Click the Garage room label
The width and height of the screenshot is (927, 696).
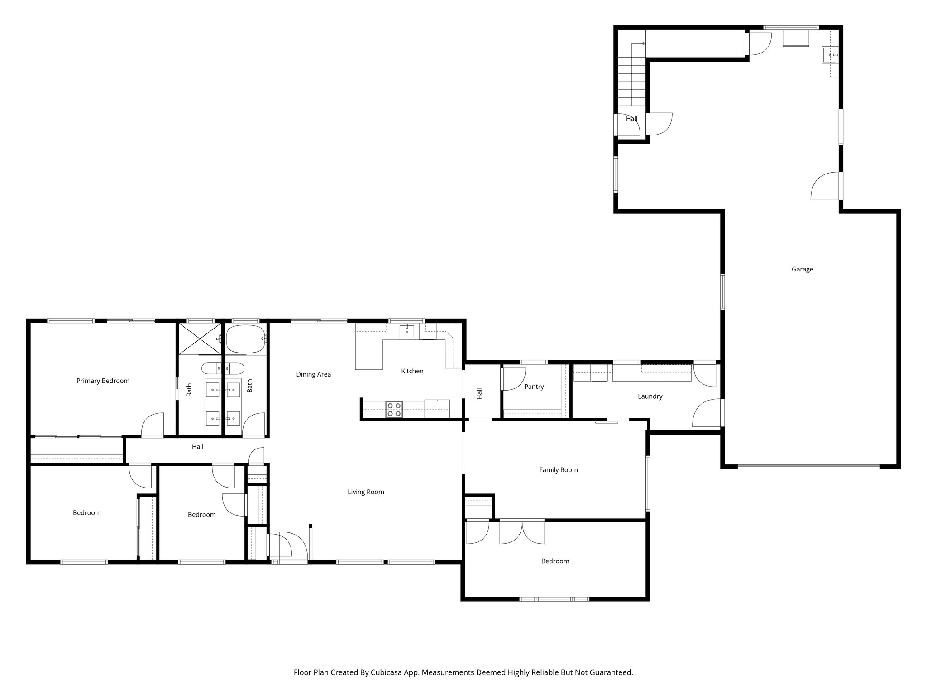[x=802, y=269]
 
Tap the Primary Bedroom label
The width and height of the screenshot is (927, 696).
[x=103, y=381]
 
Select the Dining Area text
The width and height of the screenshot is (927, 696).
[x=313, y=374]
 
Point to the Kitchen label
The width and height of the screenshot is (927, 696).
[x=412, y=371]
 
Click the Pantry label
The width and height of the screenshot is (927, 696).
[x=534, y=387]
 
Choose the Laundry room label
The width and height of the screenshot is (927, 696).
[x=650, y=396]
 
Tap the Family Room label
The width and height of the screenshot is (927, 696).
[x=558, y=470]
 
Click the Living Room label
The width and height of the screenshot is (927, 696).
[x=366, y=492]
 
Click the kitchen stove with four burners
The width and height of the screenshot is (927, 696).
[x=394, y=410]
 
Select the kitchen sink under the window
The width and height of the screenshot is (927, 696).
[x=406, y=332]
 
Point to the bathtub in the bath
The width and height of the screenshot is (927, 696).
[x=246, y=339]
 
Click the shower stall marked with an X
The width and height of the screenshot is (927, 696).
[x=200, y=338]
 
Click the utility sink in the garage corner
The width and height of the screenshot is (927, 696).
[x=830, y=55]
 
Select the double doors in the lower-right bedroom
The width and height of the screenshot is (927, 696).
[x=522, y=533]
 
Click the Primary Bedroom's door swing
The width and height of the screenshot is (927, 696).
[x=153, y=425]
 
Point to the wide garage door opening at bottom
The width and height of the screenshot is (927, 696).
[x=808, y=466]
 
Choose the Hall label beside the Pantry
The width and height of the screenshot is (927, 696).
[x=479, y=393]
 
